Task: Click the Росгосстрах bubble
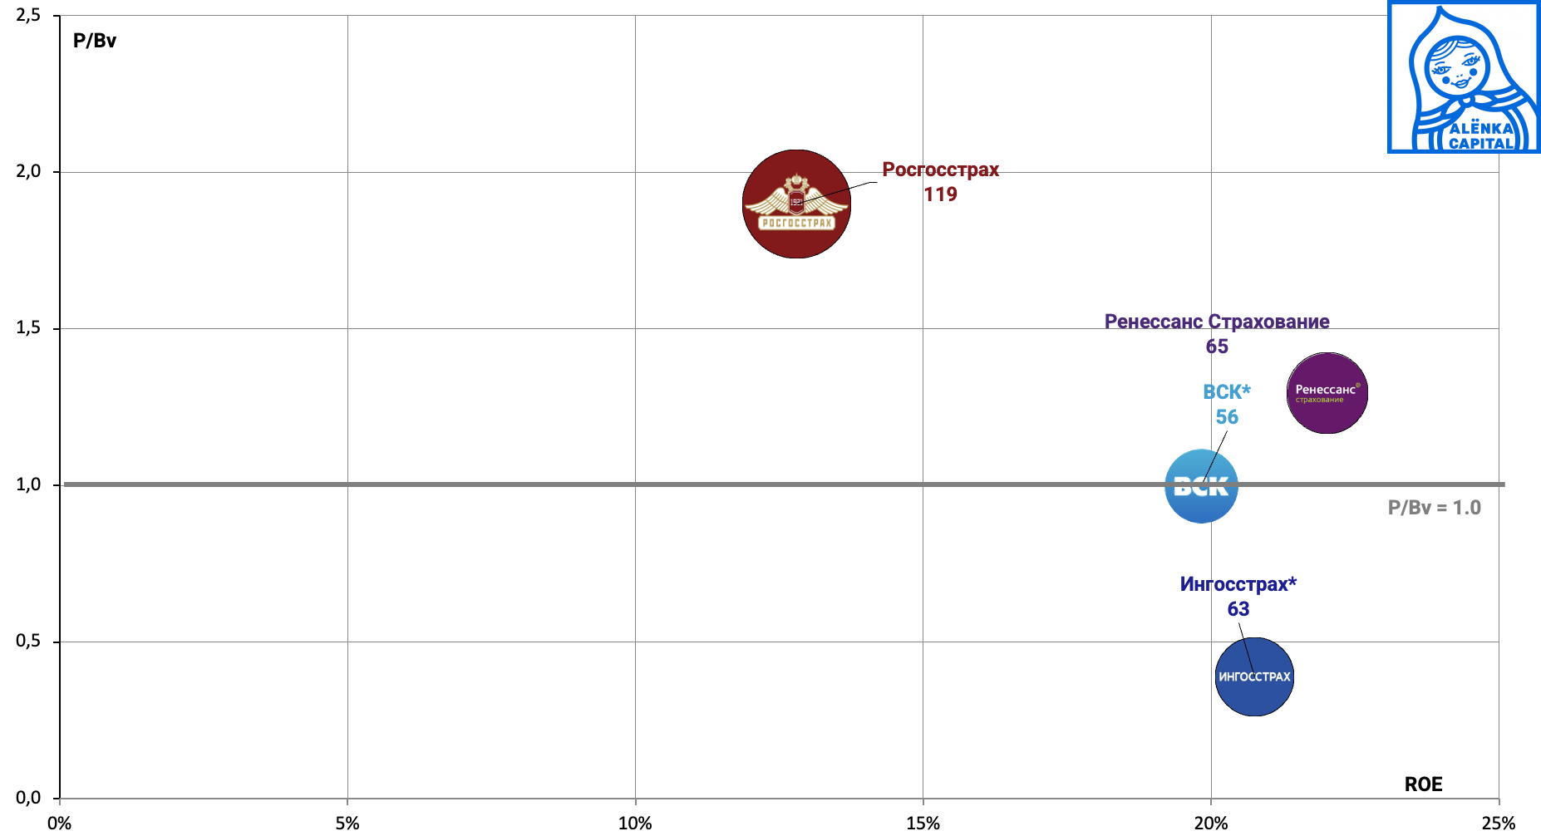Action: pyautogui.click(x=796, y=204)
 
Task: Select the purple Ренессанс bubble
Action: pyautogui.click(x=1327, y=393)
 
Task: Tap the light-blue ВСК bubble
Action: pyautogui.click(x=1201, y=486)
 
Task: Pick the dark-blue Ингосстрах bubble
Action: pyautogui.click(x=1254, y=676)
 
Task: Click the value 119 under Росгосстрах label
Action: pyautogui.click(x=940, y=194)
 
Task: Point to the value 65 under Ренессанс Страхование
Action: pyautogui.click(x=1217, y=347)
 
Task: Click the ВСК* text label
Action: pyautogui.click(x=1226, y=392)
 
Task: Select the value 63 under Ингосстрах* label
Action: pyautogui.click(x=1238, y=609)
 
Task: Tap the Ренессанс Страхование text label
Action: pyautogui.click(x=1216, y=322)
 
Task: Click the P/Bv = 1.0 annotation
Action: pyautogui.click(x=1434, y=508)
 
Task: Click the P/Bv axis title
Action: pyautogui.click(x=95, y=41)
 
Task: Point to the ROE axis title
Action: pyautogui.click(x=1423, y=784)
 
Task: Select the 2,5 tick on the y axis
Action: pyautogui.click(x=28, y=16)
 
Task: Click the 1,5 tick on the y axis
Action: pyautogui.click(x=28, y=328)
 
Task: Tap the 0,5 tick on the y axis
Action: pyautogui.click(x=28, y=642)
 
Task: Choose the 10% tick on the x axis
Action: pyautogui.click(x=635, y=824)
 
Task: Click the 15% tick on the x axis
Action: pyautogui.click(x=923, y=824)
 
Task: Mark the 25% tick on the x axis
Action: pyautogui.click(x=1498, y=824)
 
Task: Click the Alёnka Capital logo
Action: pyautogui.click(x=1464, y=77)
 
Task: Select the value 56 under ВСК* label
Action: pyautogui.click(x=1227, y=417)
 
